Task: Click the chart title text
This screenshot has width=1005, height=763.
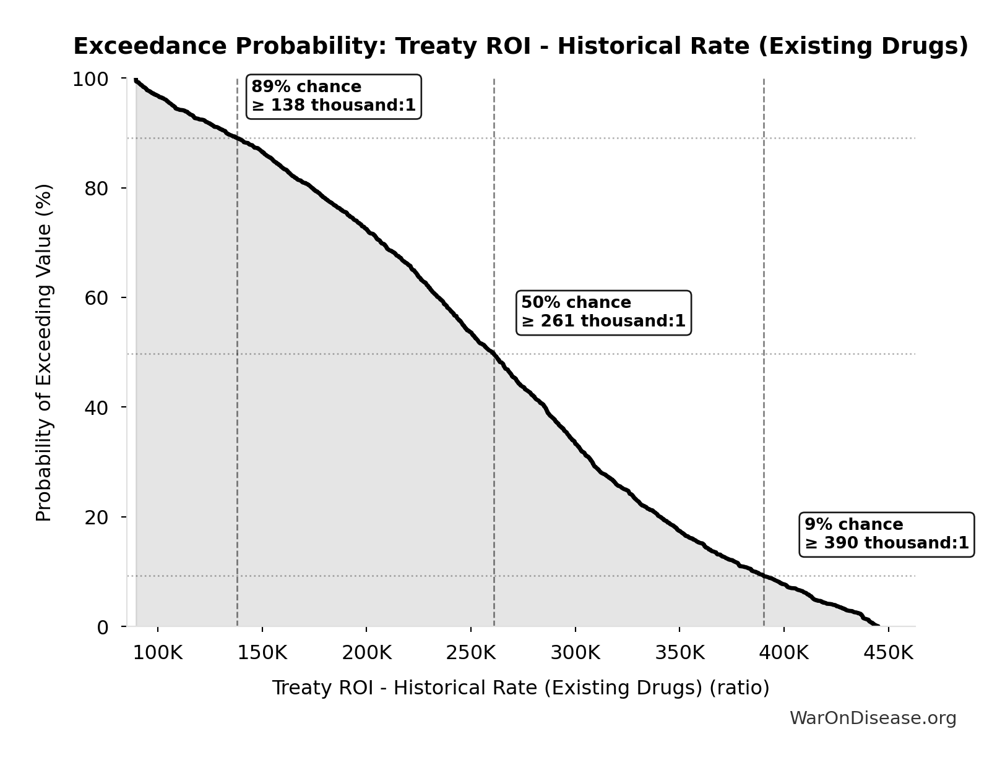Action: click(x=520, y=46)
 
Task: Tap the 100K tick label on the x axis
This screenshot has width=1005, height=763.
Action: click(x=158, y=653)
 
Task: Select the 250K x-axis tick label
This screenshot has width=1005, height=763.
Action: click(x=471, y=653)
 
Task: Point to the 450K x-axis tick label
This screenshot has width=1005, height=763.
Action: click(x=889, y=653)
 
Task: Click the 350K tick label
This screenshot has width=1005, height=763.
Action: click(x=679, y=653)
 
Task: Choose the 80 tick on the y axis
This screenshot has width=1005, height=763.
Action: click(x=96, y=188)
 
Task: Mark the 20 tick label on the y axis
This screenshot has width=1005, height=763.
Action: click(x=96, y=517)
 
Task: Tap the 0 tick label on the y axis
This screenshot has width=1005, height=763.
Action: click(x=103, y=627)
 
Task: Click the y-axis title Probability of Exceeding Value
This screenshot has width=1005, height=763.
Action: click(x=44, y=352)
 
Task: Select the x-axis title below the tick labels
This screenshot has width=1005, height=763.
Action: click(x=520, y=688)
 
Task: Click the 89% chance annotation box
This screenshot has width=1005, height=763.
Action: click(x=334, y=96)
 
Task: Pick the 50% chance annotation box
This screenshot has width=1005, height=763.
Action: click(x=603, y=312)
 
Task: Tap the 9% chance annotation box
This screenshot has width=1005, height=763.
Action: click(x=887, y=534)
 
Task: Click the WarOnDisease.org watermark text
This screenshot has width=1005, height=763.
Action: click(x=873, y=718)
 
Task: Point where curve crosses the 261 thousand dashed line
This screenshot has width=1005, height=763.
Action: click(x=494, y=354)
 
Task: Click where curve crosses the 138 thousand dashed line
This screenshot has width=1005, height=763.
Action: click(x=237, y=138)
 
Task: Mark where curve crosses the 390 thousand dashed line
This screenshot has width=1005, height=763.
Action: click(x=764, y=576)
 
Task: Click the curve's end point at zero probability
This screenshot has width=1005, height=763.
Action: click(x=878, y=626)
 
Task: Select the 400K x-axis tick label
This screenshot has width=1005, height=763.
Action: click(x=784, y=653)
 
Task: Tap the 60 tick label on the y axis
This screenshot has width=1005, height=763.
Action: click(x=96, y=297)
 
